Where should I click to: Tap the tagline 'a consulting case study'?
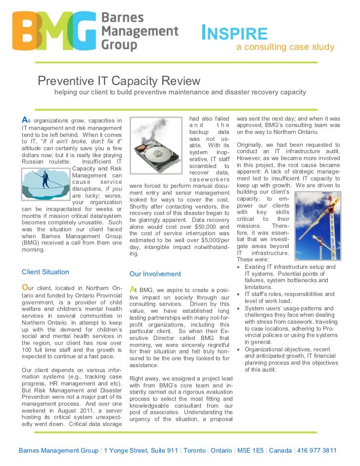pyautogui.click(x=285, y=47)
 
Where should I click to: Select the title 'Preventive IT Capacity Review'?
pyautogui.click(x=119, y=81)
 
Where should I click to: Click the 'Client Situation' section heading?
pyautogui.click(x=45, y=272)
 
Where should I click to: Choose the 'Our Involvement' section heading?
pyautogui.click(x=155, y=274)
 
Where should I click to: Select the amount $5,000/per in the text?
pyautogui.click(x=212, y=240)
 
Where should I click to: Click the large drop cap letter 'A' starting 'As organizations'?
pyautogui.click(x=24, y=120)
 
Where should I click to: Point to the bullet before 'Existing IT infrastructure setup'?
pyautogui.click(x=239, y=267)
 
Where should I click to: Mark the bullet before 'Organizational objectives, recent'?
pyautogui.click(x=239, y=349)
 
